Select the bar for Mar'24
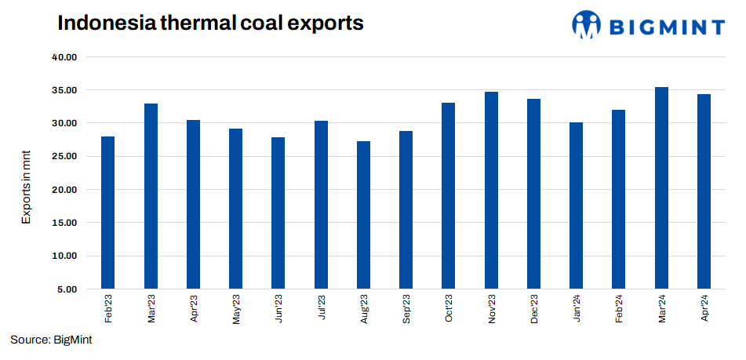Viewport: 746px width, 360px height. pos(661,188)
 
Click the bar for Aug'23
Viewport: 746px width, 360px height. pos(364,215)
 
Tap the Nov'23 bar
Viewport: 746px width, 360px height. pos(491,191)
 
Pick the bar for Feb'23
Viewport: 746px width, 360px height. pos(108,213)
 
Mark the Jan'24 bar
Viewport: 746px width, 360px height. pos(577,205)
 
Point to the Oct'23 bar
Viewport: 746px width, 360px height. pos(449,196)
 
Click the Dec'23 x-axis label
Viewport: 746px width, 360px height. pos(534,307)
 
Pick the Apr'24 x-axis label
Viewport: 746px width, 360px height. pos(704,307)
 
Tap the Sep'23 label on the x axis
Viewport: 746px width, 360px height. pos(406,307)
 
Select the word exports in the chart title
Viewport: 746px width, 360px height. pos(326,24)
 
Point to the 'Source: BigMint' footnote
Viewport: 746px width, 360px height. pos(52,340)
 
